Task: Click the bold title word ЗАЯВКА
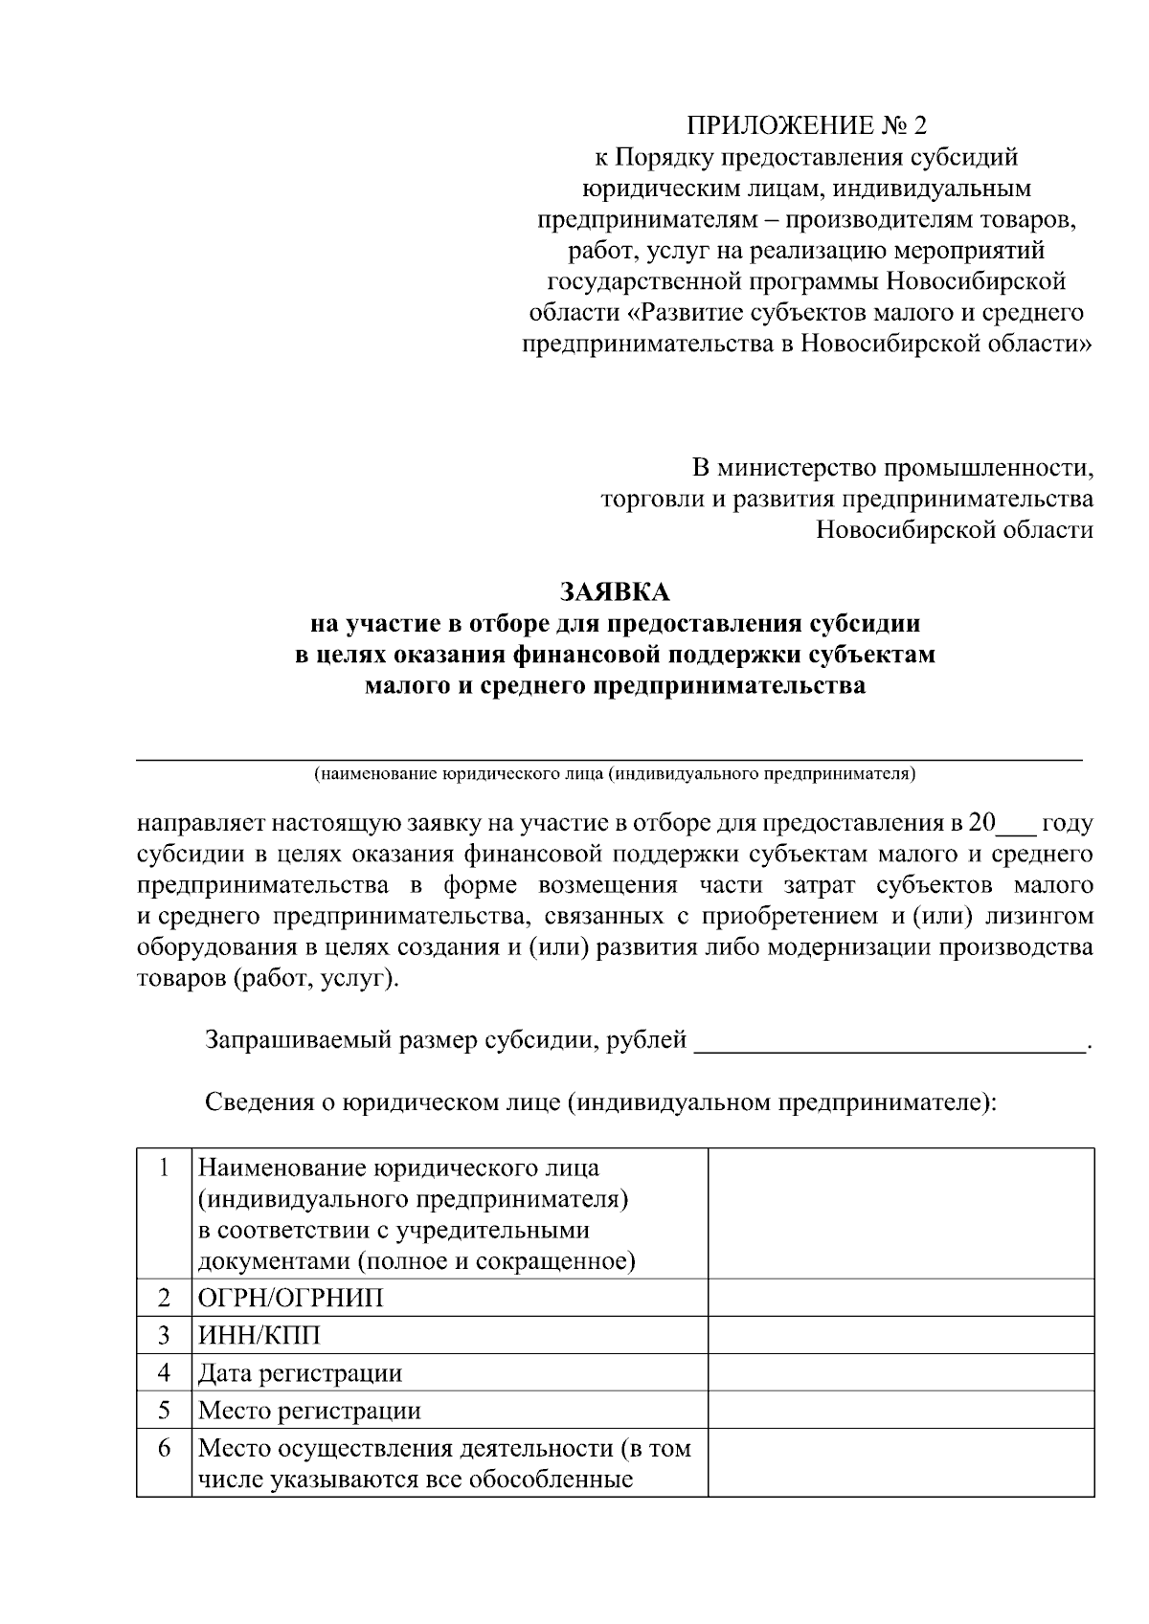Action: click(615, 592)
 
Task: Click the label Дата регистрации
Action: click(300, 1373)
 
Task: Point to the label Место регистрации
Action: click(309, 1411)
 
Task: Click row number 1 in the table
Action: click(164, 1168)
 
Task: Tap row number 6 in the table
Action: click(164, 1449)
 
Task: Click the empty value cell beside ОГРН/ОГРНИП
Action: click(900, 1298)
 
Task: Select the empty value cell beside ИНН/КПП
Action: click(900, 1335)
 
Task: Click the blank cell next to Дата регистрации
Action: click(900, 1373)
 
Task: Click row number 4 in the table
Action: click(164, 1373)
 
